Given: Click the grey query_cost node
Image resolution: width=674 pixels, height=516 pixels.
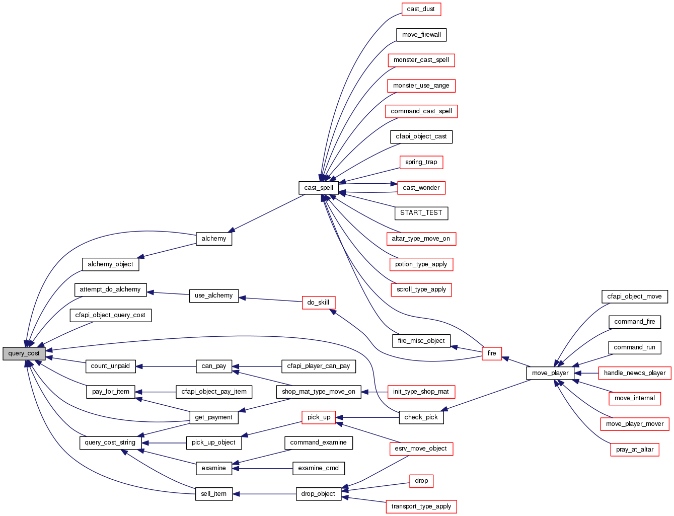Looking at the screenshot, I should click(x=24, y=353).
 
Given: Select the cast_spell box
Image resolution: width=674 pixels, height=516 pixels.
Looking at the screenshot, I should click(x=319, y=188).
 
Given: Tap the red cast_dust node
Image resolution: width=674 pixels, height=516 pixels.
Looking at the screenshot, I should click(x=421, y=9).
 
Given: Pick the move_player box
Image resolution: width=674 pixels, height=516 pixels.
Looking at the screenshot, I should click(x=550, y=373).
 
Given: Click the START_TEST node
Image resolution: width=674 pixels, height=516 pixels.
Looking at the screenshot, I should click(x=421, y=213).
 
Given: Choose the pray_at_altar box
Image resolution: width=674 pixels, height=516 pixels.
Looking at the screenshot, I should click(x=634, y=450).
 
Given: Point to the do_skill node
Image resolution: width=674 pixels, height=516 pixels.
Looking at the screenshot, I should click(x=318, y=303).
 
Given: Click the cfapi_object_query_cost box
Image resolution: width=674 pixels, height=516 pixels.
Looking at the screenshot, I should click(x=110, y=315).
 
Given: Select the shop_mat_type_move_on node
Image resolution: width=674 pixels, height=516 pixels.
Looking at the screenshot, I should click(x=319, y=392).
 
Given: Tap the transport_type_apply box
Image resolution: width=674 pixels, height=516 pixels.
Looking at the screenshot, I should click(x=421, y=506).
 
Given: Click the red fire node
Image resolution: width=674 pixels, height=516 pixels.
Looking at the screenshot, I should click(x=492, y=353).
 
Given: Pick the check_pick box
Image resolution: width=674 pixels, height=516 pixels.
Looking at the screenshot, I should click(x=421, y=417).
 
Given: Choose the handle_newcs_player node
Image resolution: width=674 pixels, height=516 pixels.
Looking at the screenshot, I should click(x=634, y=373).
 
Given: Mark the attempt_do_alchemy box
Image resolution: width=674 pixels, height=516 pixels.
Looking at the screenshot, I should click(x=110, y=289).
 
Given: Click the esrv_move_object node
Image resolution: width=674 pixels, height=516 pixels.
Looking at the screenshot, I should click(x=421, y=449).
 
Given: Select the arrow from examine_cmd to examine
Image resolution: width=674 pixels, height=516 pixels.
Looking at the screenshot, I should click(x=262, y=468).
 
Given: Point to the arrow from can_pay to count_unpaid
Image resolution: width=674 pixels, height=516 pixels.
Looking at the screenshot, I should click(x=166, y=366).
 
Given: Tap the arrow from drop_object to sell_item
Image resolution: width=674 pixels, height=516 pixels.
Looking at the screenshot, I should click(x=264, y=494).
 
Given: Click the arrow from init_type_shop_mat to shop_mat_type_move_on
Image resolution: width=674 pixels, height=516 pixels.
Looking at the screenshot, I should click(x=375, y=392).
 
